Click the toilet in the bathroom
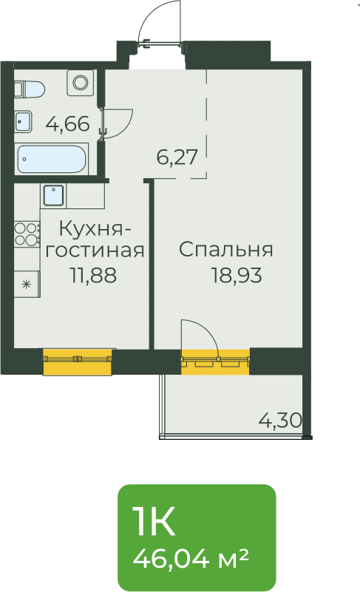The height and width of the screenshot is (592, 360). click(30, 89)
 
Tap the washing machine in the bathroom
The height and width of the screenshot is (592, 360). click(80, 82)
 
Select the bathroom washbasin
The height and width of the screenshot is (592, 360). click(23, 121)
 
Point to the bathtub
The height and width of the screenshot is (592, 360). click(51, 159)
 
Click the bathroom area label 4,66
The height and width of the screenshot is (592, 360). click(67, 124)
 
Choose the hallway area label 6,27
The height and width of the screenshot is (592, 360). click(177, 157)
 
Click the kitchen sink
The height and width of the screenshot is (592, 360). click(54, 195)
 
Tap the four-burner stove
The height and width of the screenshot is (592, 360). click(27, 234)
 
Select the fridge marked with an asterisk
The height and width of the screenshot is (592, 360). click(27, 284)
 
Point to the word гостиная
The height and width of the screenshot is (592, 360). click(95, 250)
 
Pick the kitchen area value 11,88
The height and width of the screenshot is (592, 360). click(93, 275)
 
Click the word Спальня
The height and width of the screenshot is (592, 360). click(225, 251)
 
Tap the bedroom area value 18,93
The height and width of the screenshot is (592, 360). click(236, 275)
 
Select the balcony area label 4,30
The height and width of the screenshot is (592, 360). click(280, 420)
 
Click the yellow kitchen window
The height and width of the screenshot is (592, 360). click(78, 362)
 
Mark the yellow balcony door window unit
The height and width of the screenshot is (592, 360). click(215, 361)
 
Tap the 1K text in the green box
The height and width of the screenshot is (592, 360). click(154, 521)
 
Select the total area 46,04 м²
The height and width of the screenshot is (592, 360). click(191, 559)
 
